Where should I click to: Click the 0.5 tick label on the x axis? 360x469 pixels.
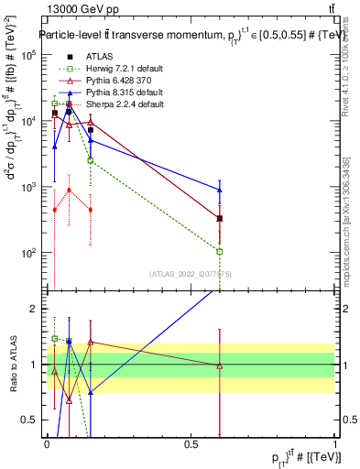[191, 443]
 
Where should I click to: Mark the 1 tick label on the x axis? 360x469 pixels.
[335, 443]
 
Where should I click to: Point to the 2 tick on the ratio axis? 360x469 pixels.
[32, 309]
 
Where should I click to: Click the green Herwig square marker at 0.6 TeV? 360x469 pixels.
[220, 251]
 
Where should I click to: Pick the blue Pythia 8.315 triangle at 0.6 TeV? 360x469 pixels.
[220, 190]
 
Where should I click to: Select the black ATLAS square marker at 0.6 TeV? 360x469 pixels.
[220, 218]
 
